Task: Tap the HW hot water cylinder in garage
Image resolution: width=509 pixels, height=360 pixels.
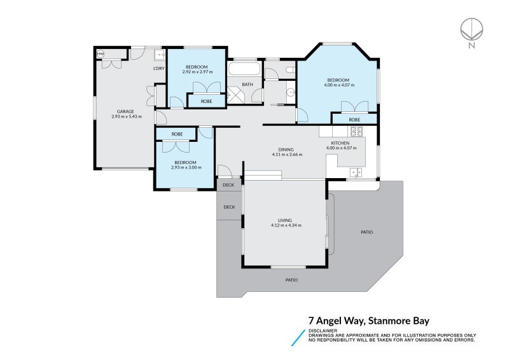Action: point(101,55)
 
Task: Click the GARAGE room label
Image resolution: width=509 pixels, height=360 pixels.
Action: point(125,111)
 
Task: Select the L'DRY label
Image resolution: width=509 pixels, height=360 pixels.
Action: point(160,68)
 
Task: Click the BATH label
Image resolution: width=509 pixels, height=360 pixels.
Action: point(248,84)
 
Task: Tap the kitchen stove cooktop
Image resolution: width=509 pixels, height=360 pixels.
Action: point(356,132)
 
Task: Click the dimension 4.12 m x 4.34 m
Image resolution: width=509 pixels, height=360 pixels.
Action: point(286,225)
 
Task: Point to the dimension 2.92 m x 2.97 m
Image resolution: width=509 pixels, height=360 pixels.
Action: point(197,72)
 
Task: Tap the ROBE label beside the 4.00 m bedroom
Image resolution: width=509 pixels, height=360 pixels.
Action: point(354,119)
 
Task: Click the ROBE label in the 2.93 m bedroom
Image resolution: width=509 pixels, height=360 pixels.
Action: point(177,134)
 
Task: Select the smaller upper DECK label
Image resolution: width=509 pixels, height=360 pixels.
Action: point(228,185)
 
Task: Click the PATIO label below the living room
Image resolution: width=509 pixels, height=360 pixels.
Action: point(291,280)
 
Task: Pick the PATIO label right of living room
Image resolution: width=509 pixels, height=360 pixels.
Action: point(366,232)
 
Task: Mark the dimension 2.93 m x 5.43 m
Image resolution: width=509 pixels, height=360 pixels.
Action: point(126,116)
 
